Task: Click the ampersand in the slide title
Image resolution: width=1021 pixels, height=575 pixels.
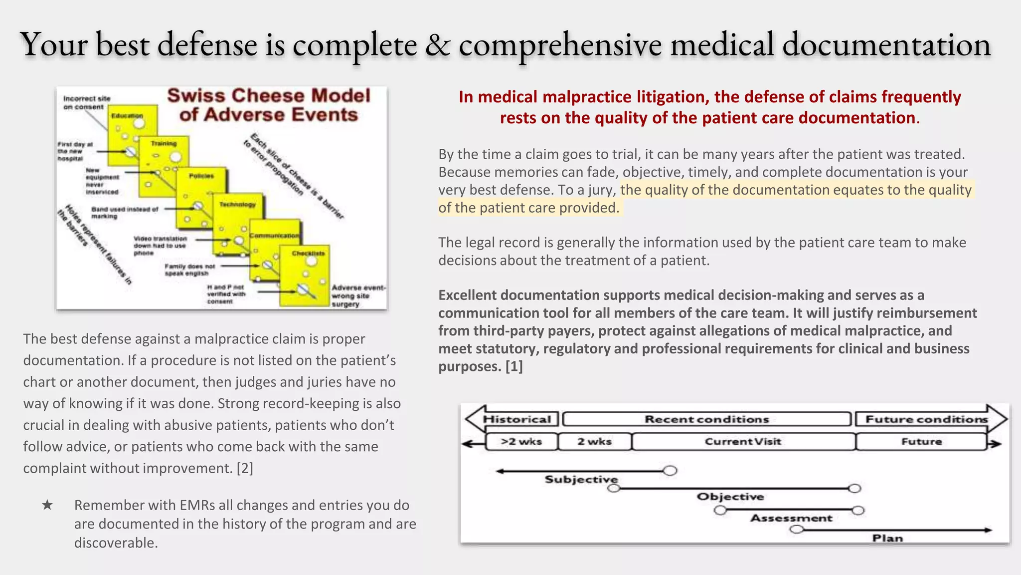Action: coord(437,45)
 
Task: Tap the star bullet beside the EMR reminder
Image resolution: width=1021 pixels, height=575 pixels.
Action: coord(47,505)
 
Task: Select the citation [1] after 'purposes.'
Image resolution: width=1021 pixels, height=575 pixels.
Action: coord(514,366)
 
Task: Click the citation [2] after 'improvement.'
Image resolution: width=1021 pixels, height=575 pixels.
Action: coord(245,468)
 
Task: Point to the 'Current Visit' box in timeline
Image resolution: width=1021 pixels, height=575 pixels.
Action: coord(743,442)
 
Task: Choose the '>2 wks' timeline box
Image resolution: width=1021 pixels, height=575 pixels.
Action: coord(521,442)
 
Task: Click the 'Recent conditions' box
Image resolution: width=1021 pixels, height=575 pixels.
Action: coord(706,419)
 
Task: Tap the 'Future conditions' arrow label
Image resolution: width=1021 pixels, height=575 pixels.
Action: coord(926,419)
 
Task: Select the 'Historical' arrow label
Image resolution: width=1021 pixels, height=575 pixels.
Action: coord(517,419)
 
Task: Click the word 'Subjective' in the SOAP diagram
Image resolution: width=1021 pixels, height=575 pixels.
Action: coord(581,480)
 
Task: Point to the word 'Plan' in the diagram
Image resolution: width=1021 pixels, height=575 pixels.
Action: coord(887,538)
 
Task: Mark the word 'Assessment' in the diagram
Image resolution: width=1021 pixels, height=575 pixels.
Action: coord(791,518)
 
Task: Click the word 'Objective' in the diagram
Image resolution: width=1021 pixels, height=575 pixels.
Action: coord(730,497)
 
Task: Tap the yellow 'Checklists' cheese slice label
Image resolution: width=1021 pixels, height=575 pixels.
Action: coord(308,254)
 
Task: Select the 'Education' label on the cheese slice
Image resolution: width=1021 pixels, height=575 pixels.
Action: coord(127,116)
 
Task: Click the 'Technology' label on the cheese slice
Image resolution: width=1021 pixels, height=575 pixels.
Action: coord(237,205)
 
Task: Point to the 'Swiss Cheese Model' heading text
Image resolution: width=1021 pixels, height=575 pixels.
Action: coord(269,96)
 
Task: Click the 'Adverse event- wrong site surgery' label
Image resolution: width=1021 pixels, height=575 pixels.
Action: coord(358,295)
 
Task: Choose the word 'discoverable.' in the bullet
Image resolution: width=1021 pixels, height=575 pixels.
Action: coord(116,543)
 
